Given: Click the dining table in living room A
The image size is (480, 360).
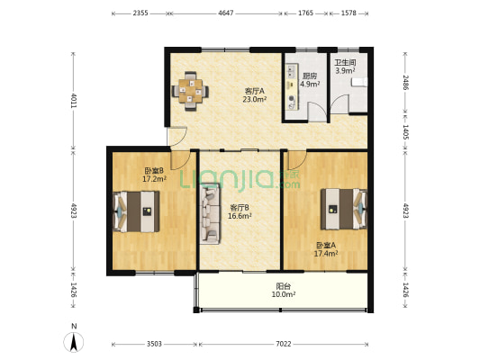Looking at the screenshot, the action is point(190,91).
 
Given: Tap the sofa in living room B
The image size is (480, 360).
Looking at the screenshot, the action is point(210,213).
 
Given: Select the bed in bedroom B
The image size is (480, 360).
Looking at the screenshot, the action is point(136,211).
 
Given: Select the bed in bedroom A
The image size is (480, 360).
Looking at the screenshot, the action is point(344,209).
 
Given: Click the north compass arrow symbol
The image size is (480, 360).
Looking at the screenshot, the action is point(74,342).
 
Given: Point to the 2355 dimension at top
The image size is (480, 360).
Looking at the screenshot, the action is point(140,13).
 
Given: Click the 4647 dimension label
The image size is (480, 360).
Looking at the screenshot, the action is point(226,13).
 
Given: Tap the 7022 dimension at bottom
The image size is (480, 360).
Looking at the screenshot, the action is point(284,344).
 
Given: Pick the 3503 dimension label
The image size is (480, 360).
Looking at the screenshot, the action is point(154,344).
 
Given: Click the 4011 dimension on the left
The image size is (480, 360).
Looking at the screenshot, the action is point(74,100).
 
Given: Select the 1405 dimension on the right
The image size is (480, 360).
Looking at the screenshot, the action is point(405,132).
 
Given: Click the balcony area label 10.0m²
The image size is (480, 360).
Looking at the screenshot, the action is point(284,294).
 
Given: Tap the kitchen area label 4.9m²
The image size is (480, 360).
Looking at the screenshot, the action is point(310,84).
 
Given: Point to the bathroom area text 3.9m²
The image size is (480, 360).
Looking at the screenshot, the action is point(345,71).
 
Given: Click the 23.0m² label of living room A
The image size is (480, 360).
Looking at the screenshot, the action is point(254,99).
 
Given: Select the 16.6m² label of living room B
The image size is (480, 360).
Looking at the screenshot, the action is point(240,216).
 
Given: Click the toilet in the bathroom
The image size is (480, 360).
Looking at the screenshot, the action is point(359,82).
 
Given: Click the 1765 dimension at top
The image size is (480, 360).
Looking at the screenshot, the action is point(305,13).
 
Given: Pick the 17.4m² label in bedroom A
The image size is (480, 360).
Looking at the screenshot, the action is point(326,253).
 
